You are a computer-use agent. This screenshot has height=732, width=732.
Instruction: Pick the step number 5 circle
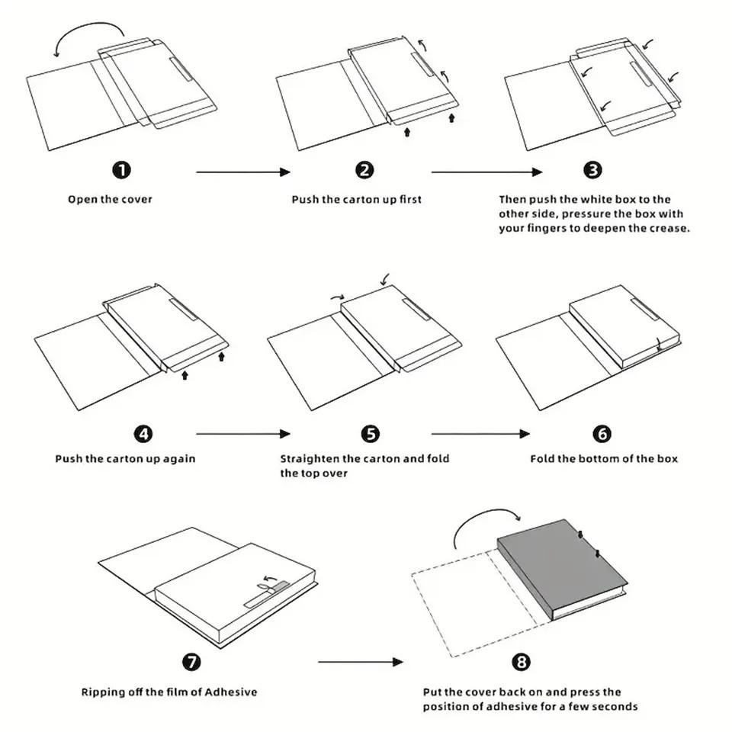tap(370, 434)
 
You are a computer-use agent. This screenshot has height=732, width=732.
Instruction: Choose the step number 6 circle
tap(602, 434)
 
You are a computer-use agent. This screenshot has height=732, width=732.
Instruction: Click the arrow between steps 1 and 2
tap(243, 172)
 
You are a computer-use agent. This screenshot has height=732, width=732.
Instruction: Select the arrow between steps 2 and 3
tap(486, 172)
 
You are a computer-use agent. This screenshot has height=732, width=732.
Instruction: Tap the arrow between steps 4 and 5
tap(243, 434)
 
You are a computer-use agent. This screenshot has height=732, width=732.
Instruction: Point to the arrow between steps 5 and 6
tap(480, 434)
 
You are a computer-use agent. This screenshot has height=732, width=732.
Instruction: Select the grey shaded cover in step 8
tap(560, 560)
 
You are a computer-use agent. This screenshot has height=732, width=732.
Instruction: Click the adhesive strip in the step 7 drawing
tap(266, 596)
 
